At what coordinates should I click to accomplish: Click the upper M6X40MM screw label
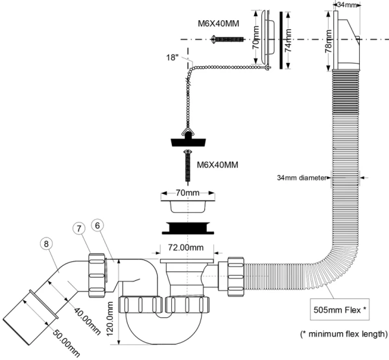[x=218, y=25]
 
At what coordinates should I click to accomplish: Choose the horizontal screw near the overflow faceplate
[x=227, y=40]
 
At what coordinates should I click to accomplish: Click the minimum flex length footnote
[x=344, y=334]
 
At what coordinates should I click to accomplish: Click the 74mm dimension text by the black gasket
[x=289, y=38]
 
